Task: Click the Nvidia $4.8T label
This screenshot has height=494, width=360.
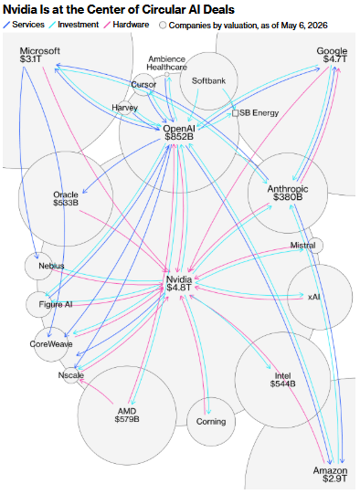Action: (179, 283)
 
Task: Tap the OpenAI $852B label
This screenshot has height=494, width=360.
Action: (179, 132)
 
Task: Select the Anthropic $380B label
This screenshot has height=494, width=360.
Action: (288, 193)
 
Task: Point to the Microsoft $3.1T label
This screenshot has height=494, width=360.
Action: (39, 55)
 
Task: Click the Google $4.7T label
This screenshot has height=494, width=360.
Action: (332, 55)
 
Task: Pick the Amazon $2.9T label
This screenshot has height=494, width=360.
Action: (331, 475)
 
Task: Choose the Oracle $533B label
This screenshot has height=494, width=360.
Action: (66, 198)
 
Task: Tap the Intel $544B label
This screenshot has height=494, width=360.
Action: (282, 380)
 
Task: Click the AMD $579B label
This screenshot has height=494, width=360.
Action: (127, 415)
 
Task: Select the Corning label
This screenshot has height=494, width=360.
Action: (211, 422)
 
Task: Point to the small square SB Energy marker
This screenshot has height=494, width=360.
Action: (235, 113)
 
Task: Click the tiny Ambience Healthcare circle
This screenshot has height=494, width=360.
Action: (167, 75)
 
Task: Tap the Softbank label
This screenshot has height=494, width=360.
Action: (208, 81)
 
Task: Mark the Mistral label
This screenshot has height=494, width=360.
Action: (302, 245)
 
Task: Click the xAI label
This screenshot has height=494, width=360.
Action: (313, 297)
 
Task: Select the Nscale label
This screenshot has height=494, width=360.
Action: (71, 375)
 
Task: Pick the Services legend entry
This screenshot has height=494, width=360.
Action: (24, 25)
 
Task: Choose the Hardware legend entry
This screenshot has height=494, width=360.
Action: (127, 25)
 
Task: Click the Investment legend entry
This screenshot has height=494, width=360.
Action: (74, 25)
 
